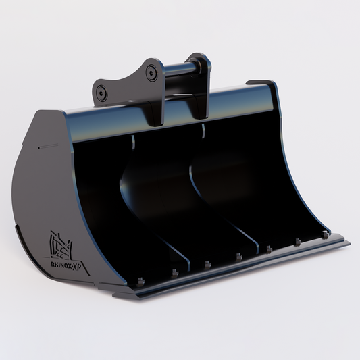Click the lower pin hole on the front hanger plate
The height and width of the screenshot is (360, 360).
(102, 92)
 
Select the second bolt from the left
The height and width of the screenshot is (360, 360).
(175, 272)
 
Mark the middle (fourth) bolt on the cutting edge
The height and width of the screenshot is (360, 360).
(238, 256)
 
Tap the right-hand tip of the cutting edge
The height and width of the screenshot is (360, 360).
(348, 242)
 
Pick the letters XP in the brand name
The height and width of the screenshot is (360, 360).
(78, 263)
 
